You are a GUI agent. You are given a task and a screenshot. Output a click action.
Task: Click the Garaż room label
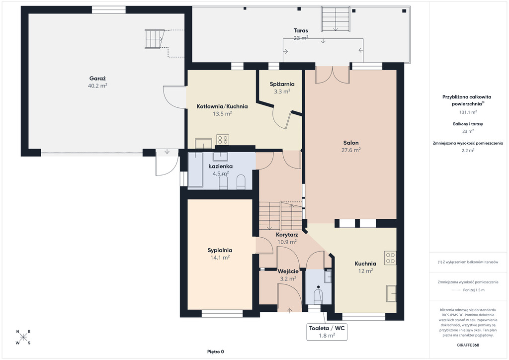[x=97, y=79]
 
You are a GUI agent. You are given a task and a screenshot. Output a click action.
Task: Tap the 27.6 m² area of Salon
[x=351, y=150]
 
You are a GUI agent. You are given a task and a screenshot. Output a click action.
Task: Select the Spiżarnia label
[x=282, y=85]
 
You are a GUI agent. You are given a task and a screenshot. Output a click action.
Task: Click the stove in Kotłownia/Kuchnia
[x=223, y=140]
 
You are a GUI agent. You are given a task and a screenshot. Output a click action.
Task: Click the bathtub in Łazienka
[x=195, y=170]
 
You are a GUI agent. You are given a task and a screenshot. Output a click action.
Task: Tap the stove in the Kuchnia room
[x=391, y=258]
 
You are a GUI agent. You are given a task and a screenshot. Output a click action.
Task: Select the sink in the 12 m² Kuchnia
[x=391, y=294]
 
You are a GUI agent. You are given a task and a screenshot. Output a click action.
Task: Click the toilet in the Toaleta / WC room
[x=318, y=296]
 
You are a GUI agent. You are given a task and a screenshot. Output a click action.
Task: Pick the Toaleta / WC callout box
[x=327, y=332]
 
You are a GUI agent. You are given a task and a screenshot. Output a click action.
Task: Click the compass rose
[x=23, y=337]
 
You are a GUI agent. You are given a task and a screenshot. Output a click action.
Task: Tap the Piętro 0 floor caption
[x=216, y=352]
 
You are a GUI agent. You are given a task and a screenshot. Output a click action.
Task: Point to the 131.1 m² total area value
[x=468, y=112]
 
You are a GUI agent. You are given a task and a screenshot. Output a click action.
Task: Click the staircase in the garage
[x=154, y=39]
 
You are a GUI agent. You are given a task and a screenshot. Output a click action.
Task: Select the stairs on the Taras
[x=336, y=19]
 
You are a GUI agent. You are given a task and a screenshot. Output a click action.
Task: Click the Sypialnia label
[x=220, y=250]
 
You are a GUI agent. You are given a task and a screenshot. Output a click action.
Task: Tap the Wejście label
[x=288, y=271]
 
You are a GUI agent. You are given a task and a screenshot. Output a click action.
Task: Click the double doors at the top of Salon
[x=332, y=75]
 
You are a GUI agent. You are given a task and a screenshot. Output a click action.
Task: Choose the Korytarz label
[x=287, y=235]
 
